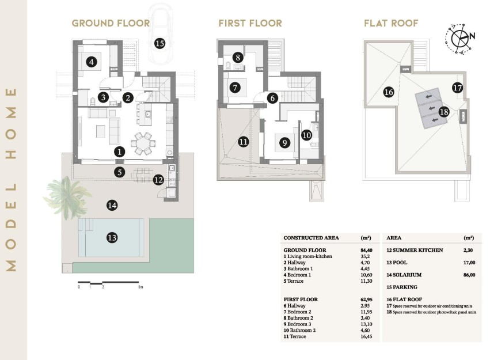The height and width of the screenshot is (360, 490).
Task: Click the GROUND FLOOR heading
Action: point(111,24)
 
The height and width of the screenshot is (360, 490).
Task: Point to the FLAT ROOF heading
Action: point(391,24)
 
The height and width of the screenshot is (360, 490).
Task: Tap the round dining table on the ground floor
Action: point(142,142)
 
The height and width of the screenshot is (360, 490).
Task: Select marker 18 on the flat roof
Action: point(443,112)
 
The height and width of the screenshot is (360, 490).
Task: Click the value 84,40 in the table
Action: point(366,250)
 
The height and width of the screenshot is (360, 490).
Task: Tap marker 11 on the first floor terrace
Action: point(243,141)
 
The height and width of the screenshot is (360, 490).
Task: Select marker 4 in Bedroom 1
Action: point(90,61)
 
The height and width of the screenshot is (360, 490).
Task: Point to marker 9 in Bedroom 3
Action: point(284,142)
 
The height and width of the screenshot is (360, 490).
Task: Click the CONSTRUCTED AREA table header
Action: point(312,237)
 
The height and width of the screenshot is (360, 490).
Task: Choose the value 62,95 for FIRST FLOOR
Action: point(366,300)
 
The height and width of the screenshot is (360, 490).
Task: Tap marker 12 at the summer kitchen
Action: point(158,180)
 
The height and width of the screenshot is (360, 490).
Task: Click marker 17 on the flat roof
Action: point(457,88)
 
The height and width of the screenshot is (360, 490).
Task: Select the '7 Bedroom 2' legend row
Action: point(299,312)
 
